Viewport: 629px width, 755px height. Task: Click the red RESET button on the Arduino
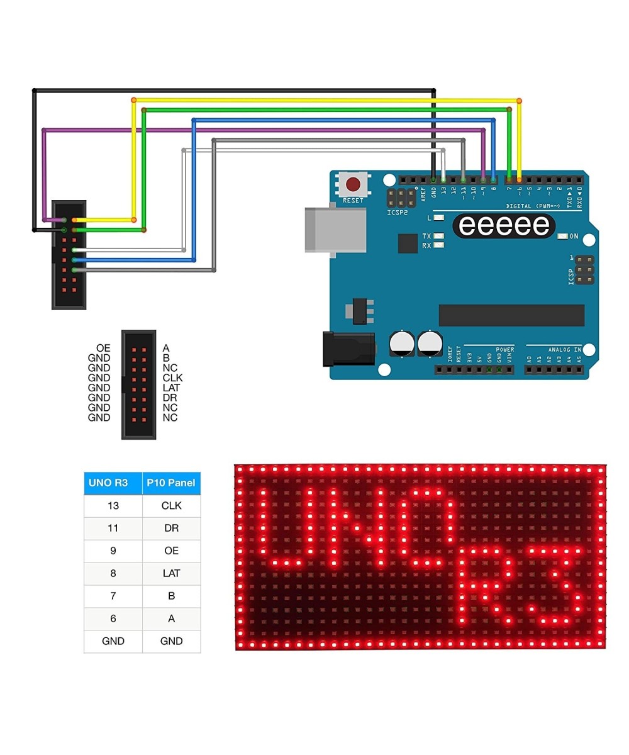point(353,184)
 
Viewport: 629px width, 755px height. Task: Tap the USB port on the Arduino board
point(335,230)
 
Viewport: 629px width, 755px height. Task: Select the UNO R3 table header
point(113,483)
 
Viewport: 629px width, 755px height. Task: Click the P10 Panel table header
point(171,483)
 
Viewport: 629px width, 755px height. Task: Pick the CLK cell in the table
point(171,506)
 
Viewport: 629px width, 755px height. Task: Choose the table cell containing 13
point(113,506)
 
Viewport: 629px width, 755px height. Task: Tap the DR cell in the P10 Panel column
point(171,528)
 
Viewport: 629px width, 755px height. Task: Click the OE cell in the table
point(171,551)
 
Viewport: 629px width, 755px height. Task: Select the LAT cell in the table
point(171,574)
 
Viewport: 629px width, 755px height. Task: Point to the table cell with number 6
point(113,619)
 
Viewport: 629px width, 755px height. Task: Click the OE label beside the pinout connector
point(103,348)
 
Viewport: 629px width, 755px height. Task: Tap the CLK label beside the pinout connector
point(172,378)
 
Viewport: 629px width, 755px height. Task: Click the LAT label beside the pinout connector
point(171,388)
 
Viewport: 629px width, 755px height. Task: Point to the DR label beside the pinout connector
point(169,398)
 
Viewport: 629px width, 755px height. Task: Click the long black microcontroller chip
point(511,315)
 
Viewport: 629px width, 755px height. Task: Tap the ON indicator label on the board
point(574,237)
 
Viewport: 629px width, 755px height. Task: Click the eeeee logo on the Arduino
point(504,225)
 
